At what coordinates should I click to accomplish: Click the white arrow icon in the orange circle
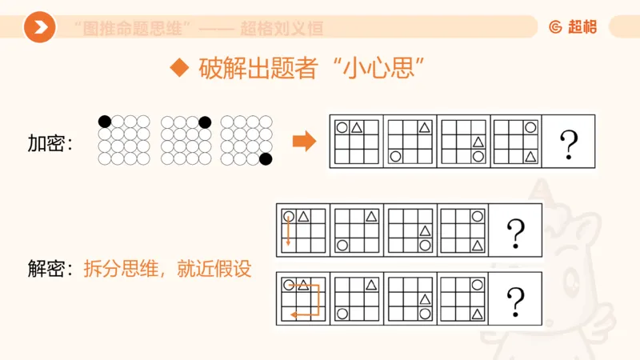[x=39, y=27]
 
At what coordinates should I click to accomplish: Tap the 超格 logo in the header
[x=573, y=26]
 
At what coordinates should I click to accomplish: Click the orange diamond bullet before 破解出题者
[x=180, y=68]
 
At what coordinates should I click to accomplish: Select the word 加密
[x=46, y=143]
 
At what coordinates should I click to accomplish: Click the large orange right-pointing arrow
[x=304, y=142]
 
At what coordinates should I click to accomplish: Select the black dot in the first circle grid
[x=105, y=122]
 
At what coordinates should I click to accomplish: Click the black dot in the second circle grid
[x=205, y=122]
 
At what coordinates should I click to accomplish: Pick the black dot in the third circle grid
[x=266, y=158]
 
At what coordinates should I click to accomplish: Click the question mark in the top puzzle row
[x=569, y=143]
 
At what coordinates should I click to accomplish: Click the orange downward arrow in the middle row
[x=288, y=231]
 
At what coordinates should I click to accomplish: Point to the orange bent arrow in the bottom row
[x=308, y=300]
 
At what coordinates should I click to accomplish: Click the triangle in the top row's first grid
[x=357, y=127]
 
